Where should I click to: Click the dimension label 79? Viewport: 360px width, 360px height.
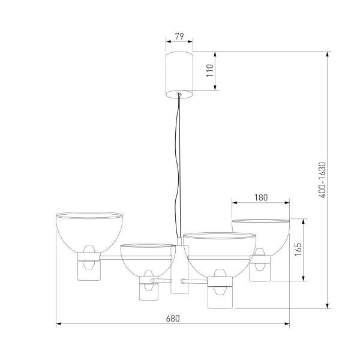tap(179, 36)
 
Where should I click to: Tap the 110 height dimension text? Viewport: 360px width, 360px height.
tap(210, 70)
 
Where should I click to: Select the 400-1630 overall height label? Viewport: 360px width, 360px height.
tap(322, 180)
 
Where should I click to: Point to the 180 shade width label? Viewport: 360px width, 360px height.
tap(261, 197)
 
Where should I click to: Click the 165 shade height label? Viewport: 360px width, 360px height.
tap(298, 250)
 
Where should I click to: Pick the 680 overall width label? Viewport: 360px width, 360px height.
tap(173, 319)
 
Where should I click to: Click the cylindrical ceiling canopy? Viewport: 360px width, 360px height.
tap(179, 75)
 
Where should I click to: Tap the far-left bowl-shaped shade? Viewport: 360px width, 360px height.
tap(89, 232)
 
